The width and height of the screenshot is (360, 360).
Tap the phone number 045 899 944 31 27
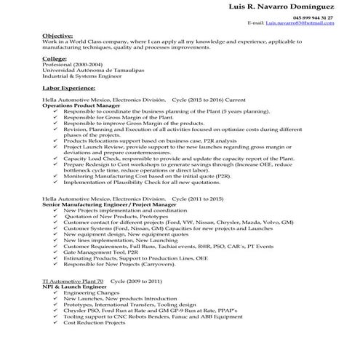(313, 17)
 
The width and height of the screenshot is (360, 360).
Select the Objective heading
(57, 35)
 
